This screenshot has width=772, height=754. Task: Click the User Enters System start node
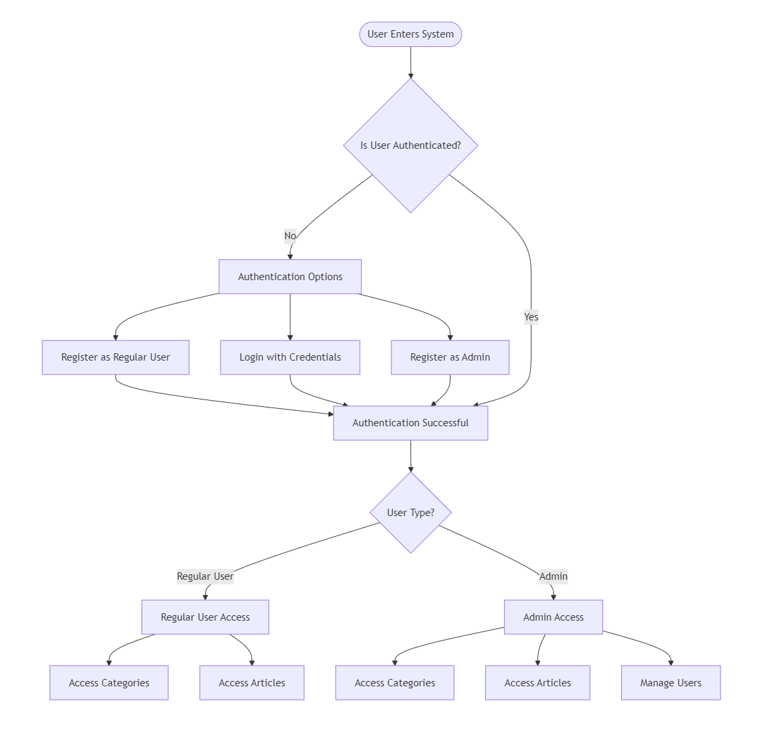click(410, 34)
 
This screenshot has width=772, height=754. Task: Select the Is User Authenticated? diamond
click(410, 145)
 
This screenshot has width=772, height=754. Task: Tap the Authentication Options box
click(290, 277)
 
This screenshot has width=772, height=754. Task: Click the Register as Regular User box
click(115, 357)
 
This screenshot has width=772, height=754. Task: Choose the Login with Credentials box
click(290, 357)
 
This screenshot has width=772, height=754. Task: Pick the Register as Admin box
click(450, 357)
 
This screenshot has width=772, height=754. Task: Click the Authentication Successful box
click(410, 423)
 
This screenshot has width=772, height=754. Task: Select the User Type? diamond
click(410, 513)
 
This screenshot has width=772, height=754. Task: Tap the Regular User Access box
click(205, 617)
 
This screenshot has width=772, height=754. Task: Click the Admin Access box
click(553, 617)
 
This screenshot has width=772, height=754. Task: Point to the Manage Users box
click(670, 683)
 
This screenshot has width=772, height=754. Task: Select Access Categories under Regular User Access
click(109, 683)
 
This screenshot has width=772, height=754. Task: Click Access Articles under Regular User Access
click(251, 683)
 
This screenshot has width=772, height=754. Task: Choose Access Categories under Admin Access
click(395, 683)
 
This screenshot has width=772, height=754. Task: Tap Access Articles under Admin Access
click(537, 683)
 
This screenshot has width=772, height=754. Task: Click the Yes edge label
click(531, 317)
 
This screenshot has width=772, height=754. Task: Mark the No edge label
click(290, 236)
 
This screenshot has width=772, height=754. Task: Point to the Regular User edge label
click(205, 576)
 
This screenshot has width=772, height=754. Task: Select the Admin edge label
click(553, 576)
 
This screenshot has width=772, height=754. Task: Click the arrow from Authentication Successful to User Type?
click(410, 456)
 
